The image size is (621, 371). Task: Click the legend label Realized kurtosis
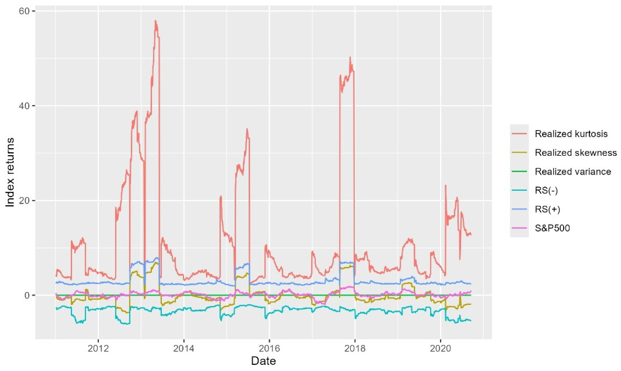571,134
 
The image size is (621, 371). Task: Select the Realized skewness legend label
576,153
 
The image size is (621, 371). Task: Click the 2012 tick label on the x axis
98,349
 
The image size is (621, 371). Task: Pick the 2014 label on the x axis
184,349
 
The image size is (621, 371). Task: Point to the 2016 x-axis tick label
269,349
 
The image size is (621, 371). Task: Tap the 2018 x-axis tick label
355,349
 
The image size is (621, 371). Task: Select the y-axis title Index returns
10,173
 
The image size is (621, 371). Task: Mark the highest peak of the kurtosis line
155,21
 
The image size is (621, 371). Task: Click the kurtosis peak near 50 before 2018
350,57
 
